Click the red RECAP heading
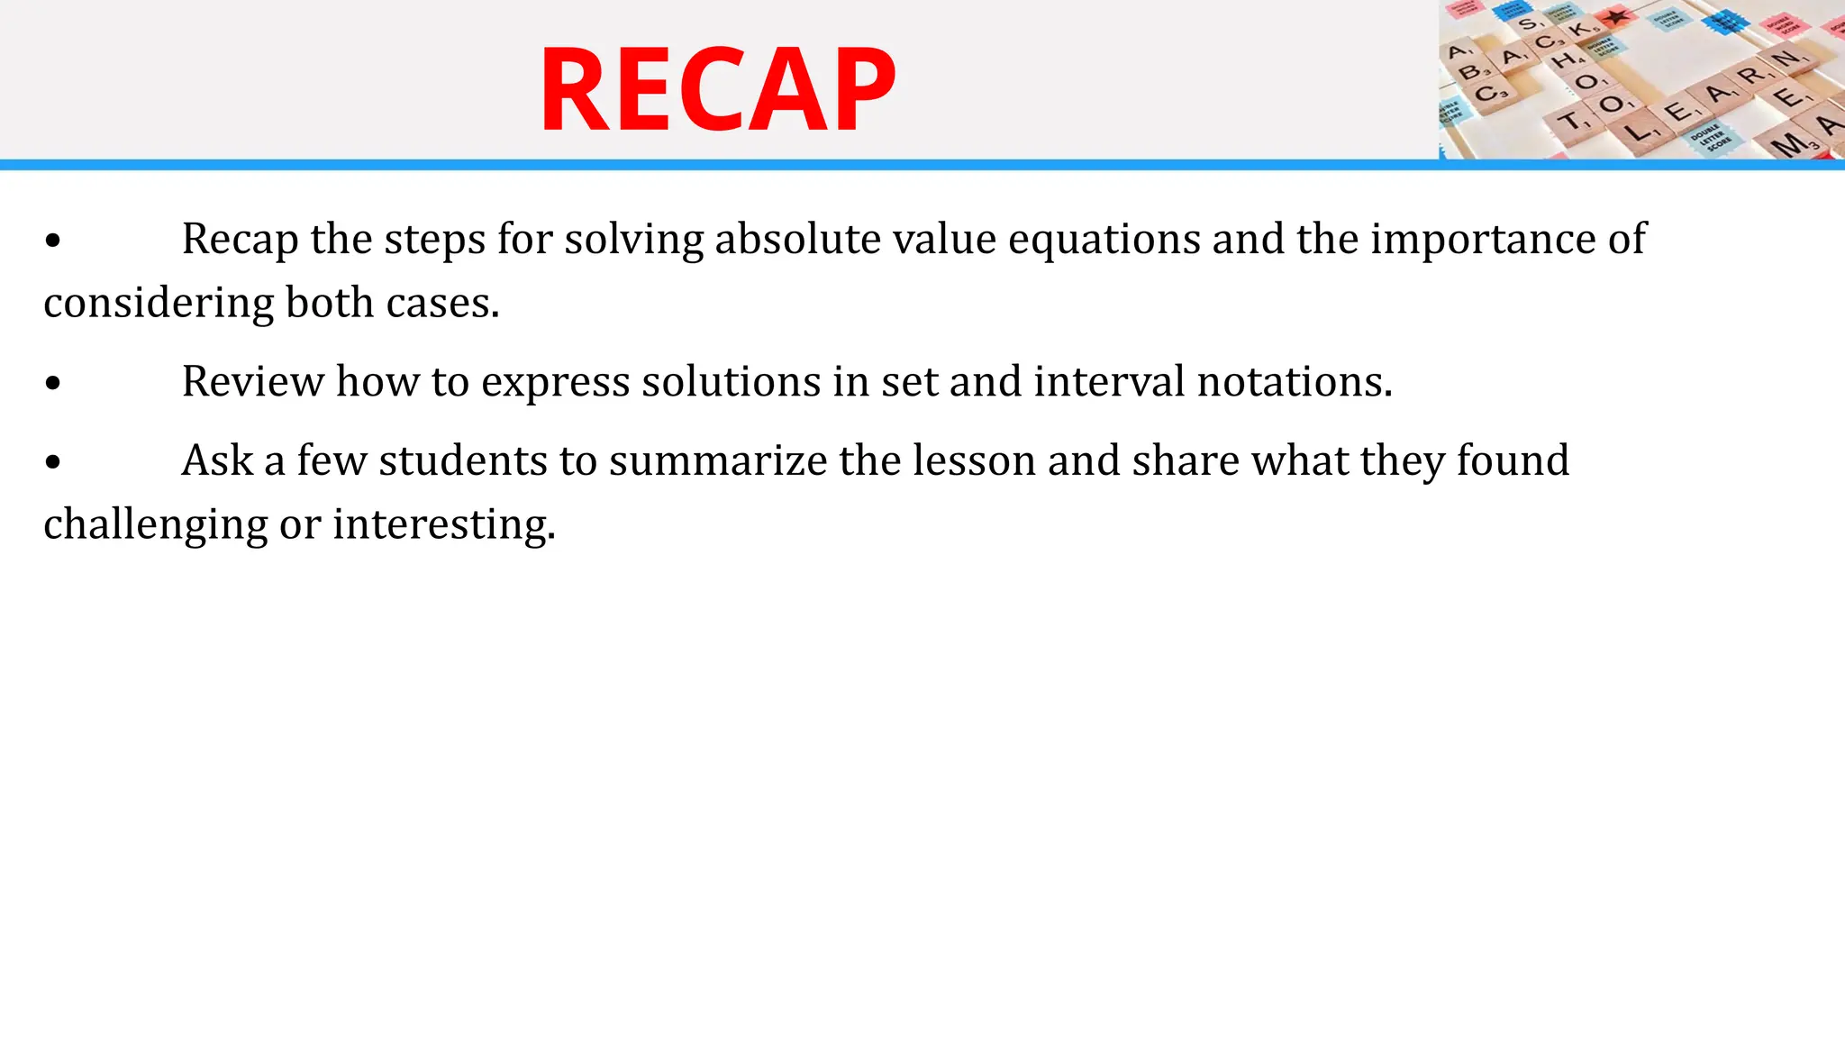(717, 90)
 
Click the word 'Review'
(252, 381)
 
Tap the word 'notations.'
(1295, 381)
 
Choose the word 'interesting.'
(444, 524)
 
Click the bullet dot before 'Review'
(53, 384)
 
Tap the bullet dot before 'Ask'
(53, 463)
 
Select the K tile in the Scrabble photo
(1581, 29)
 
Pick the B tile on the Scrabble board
(1469, 72)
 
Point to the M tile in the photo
(1791, 144)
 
